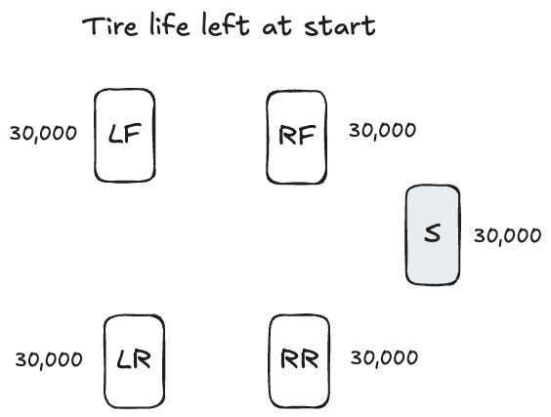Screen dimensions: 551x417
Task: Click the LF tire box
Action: point(125,135)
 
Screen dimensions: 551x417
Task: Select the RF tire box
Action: point(297,137)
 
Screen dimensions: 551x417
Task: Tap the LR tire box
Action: point(134,361)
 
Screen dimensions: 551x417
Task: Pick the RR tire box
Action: point(300,361)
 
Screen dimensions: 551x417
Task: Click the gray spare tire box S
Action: point(433,234)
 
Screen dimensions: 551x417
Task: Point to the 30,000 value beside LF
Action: point(43,134)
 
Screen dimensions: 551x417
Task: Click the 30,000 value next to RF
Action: point(382,131)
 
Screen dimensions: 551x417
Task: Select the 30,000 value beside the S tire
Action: point(507,235)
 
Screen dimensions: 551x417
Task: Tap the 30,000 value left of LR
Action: point(49,360)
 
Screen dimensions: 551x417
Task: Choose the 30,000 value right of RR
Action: point(384,358)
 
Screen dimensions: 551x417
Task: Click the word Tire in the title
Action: point(110,26)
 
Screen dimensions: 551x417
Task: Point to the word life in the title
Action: point(170,23)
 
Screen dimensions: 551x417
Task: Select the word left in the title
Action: point(226,23)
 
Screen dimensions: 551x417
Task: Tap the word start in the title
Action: point(340,26)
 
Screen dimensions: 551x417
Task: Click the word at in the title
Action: point(277,26)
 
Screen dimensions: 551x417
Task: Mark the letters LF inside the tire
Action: point(125,134)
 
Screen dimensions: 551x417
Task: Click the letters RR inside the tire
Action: point(300,358)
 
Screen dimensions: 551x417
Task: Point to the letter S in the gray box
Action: point(432,233)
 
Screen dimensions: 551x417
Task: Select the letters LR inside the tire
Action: point(134,359)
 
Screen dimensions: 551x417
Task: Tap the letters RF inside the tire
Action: point(297,135)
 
